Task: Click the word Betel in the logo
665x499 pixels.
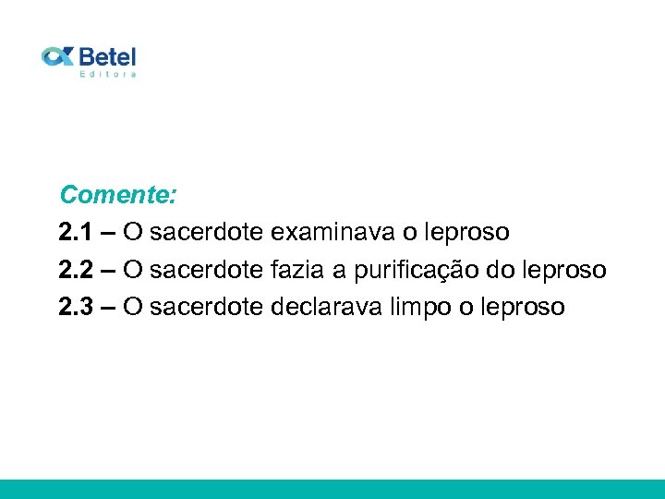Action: tap(107, 55)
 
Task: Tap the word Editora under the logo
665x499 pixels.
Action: tap(108, 74)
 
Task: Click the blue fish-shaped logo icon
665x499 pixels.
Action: tap(57, 56)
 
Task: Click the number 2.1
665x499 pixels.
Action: tap(76, 232)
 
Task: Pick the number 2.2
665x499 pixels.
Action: tap(76, 270)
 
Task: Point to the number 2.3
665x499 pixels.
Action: tap(76, 307)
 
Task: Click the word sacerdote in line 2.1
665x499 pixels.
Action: tap(206, 232)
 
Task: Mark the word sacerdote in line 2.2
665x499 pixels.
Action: tap(206, 270)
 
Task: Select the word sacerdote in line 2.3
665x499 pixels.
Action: tap(206, 307)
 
